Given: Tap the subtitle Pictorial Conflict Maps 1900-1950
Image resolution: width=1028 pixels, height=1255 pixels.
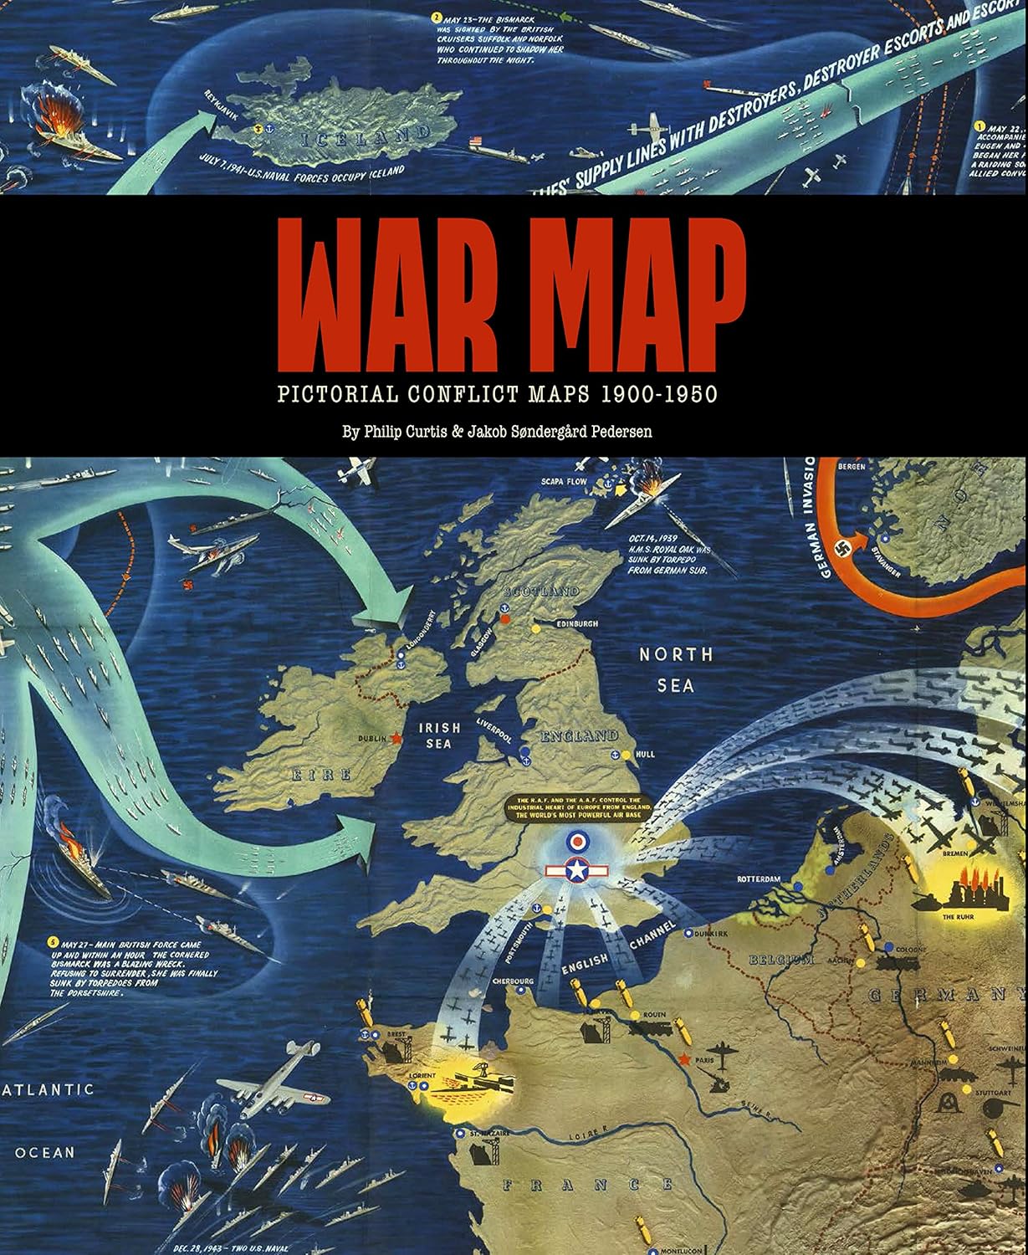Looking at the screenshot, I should tap(497, 393).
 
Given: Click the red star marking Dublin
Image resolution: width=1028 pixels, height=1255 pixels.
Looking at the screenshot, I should tap(396, 738).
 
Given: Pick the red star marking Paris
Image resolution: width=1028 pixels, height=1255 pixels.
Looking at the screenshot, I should tap(685, 1060).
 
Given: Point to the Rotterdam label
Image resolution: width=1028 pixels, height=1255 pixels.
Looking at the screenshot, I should tap(758, 880).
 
